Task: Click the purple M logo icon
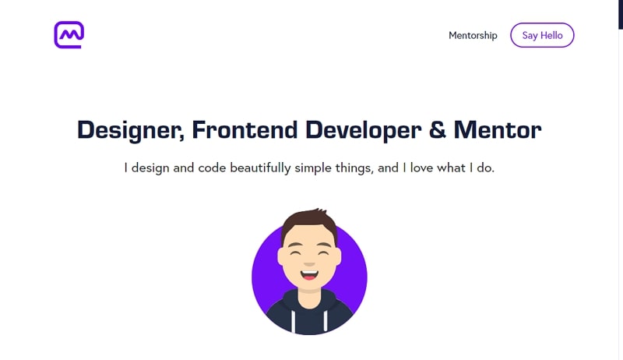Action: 69,34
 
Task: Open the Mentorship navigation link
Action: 473,35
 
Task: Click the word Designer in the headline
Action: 131,130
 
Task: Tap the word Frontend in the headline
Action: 245,129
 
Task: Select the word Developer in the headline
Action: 364,130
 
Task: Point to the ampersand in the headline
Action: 438,129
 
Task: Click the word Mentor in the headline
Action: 498,129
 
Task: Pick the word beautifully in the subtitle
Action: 260,168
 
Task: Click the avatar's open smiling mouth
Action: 309,275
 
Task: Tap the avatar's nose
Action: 309,264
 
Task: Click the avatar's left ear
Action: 280,256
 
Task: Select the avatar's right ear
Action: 338,256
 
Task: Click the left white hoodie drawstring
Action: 294,322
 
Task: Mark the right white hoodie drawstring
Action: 326,321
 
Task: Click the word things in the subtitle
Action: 354,168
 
